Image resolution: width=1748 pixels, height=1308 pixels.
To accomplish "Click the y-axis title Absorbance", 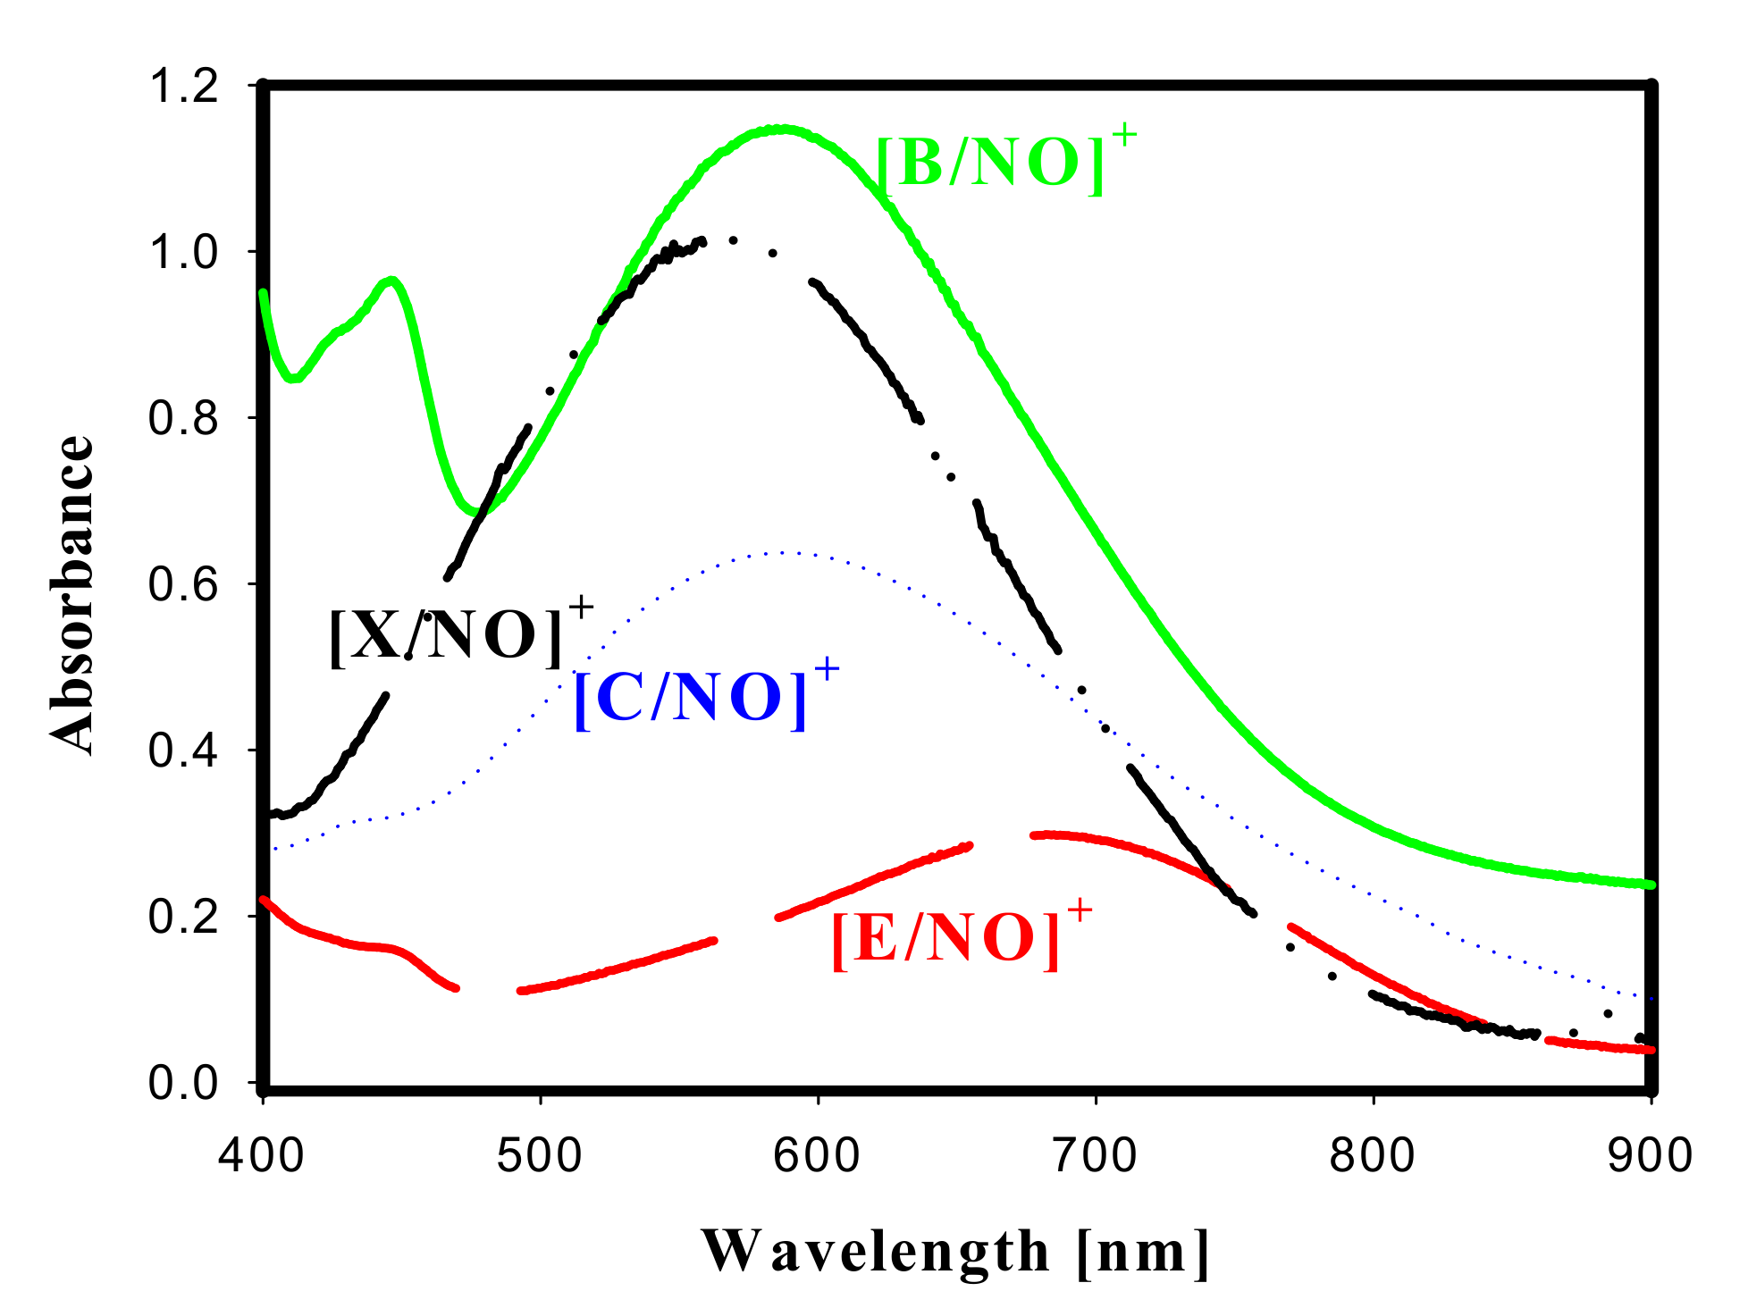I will (x=71, y=594).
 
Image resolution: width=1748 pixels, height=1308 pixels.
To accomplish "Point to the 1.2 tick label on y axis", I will (x=183, y=87).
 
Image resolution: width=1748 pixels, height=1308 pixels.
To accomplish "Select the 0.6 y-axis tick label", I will (x=183, y=584).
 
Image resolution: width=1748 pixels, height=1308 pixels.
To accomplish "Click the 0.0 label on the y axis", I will (x=183, y=1083).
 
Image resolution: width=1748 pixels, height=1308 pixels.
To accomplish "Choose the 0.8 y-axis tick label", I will (x=183, y=418).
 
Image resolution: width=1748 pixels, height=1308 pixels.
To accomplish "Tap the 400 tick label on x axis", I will (x=262, y=1155).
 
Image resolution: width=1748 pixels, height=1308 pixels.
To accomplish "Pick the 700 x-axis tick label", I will (x=1095, y=1155).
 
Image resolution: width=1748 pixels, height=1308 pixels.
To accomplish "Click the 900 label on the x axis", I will (x=1650, y=1155).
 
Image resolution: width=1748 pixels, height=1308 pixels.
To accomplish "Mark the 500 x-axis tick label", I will (x=540, y=1155).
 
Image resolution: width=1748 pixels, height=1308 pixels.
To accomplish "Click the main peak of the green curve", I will (x=783, y=130).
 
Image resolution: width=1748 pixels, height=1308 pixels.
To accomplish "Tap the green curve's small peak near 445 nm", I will (x=391, y=281).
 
